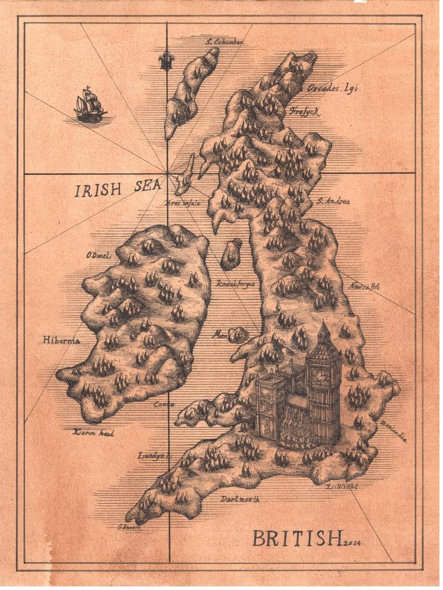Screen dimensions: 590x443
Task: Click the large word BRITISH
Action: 297,539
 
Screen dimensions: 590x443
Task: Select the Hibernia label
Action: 61,340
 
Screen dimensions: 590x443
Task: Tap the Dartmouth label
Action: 240,499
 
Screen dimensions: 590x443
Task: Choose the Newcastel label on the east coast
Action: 364,286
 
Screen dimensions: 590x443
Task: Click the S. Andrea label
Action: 333,201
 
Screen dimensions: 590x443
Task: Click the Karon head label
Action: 93,432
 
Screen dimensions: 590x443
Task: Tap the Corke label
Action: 164,404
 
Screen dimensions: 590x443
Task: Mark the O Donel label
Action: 98,255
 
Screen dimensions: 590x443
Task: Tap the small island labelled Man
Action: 238,335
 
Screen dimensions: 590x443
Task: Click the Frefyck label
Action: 304,112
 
